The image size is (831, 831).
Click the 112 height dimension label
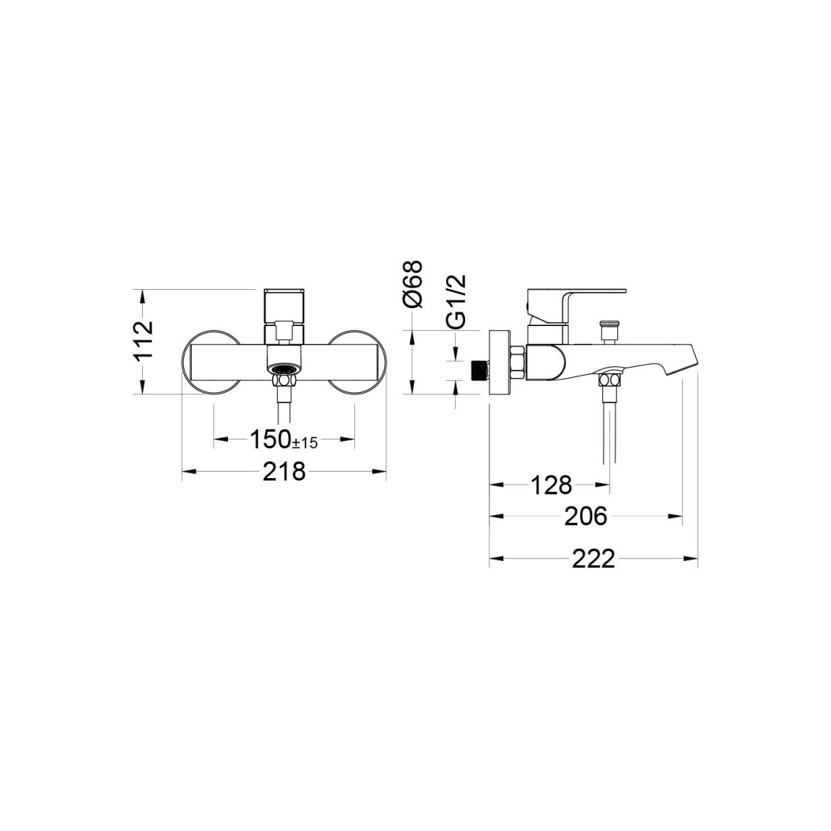143,342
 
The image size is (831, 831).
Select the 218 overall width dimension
285,471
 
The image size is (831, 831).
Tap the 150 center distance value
271,439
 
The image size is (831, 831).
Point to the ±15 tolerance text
305,442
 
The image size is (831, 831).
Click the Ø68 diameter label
413,283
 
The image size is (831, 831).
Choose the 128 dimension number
551,484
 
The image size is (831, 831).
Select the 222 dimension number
594,558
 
